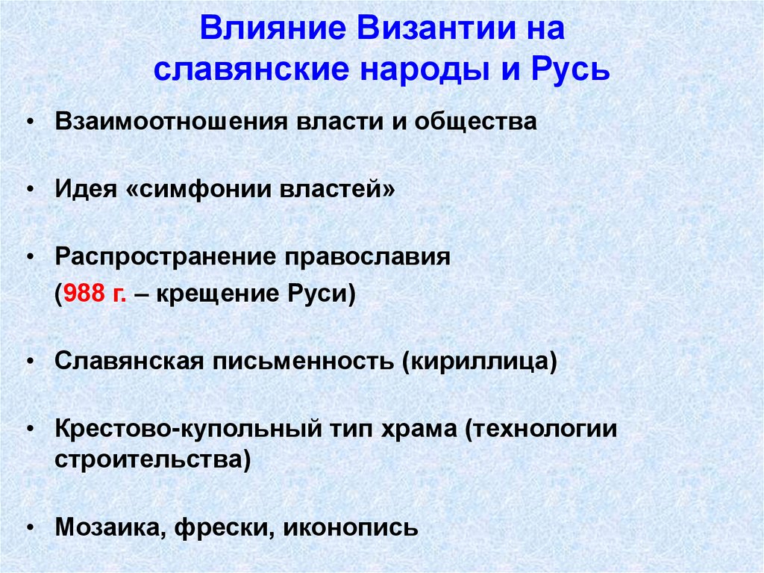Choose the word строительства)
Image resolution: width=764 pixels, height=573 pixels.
coord(152,457)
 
